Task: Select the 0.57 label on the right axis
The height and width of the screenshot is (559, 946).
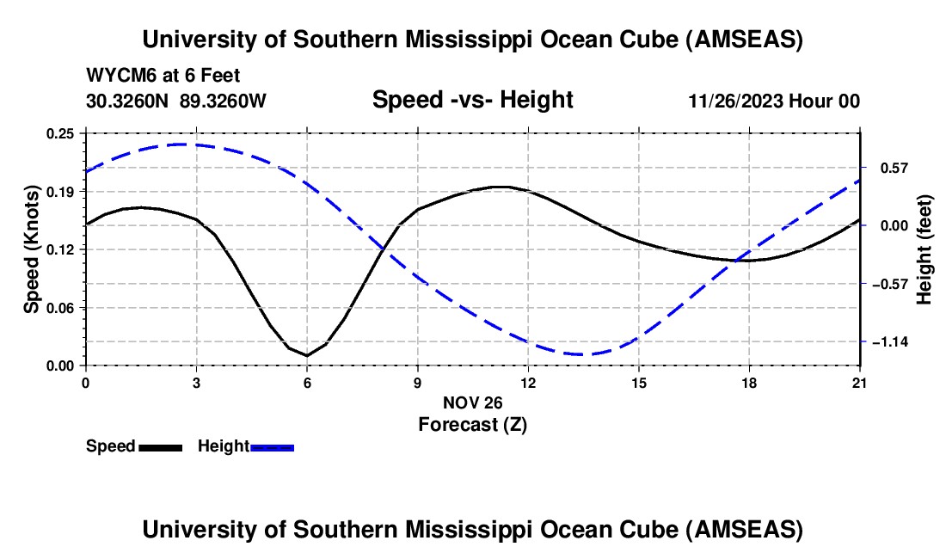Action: (883, 167)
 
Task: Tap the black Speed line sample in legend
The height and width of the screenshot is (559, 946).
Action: (161, 446)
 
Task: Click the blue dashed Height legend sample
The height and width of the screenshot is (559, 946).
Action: (273, 446)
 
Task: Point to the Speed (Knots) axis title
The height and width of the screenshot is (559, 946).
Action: (32, 249)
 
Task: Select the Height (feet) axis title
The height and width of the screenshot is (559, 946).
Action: (925, 249)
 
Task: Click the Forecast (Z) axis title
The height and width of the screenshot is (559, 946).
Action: (472, 424)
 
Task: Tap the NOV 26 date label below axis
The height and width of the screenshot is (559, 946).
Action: (472, 402)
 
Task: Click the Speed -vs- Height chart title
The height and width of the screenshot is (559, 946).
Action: (472, 100)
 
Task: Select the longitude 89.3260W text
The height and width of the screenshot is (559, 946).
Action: (224, 101)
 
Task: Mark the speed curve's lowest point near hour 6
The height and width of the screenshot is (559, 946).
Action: (307, 355)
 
